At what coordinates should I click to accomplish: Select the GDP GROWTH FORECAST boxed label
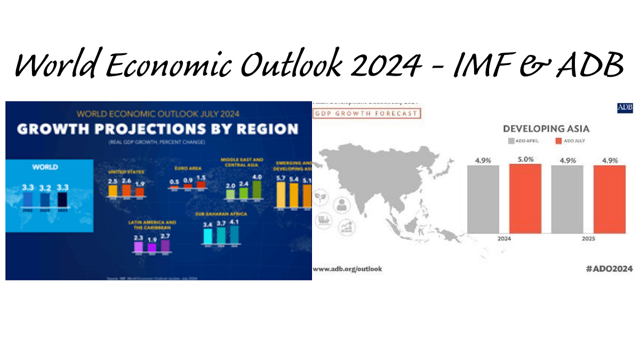(366, 113)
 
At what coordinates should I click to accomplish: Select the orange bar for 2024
(525, 198)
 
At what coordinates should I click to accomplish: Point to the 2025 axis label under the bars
(588, 239)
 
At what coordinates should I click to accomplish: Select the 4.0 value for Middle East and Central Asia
(257, 177)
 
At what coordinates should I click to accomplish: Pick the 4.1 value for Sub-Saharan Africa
(234, 220)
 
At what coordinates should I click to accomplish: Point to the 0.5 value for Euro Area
(174, 181)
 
